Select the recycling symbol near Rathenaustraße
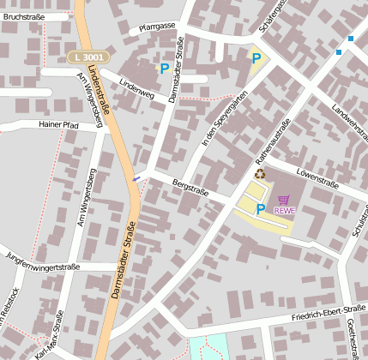tap(259, 173)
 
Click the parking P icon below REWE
tap(260, 208)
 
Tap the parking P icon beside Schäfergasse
tap(255, 58)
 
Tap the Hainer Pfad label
tap(58, 124)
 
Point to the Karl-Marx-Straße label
tap(50, 336)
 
